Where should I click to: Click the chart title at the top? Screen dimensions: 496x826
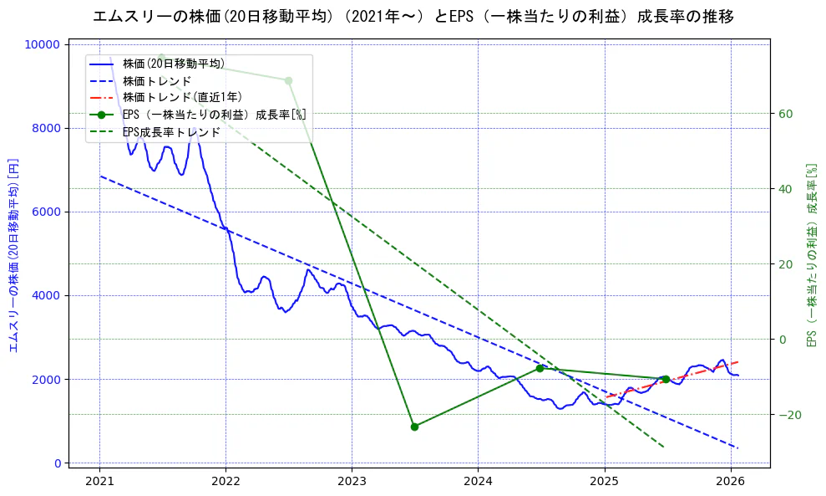(413, 17)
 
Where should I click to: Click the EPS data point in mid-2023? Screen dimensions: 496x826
(414, 427)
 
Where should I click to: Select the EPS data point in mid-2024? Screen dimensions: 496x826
(540, 368)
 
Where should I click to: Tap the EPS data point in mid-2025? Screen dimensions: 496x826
(666, 379)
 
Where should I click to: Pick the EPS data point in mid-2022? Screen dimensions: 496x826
(288, 80)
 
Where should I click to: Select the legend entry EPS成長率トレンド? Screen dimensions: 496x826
(171, 132)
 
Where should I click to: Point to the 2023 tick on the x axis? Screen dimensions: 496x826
(352, 481)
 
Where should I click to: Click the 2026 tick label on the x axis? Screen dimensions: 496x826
(731, 481)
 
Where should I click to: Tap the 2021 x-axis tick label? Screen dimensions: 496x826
(99, 481)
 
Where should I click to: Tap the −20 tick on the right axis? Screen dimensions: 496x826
(788, 415)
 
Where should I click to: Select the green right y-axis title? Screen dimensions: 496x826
(811, 254)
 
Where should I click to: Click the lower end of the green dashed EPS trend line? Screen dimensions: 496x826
(663, 447)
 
